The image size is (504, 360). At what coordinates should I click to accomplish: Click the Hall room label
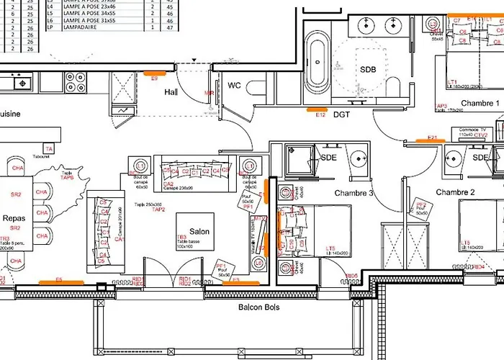[x=171, y=92]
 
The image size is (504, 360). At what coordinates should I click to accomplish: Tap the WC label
[x=234, y=86]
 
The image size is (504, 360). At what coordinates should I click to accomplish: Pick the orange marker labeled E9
[x=154, y=73]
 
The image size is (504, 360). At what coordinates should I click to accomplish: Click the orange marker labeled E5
[x=60, y=282]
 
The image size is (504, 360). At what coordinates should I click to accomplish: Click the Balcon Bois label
[x=259, y=307]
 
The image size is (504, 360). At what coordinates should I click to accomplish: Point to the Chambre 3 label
[x=354, y=193]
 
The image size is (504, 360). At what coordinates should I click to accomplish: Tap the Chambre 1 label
[x=480, y=103]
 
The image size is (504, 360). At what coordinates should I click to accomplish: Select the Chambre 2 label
[x=456, y=192]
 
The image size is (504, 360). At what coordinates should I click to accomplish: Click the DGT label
[x=341, y=114]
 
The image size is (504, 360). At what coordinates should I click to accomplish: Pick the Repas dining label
[x=14, y=217]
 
